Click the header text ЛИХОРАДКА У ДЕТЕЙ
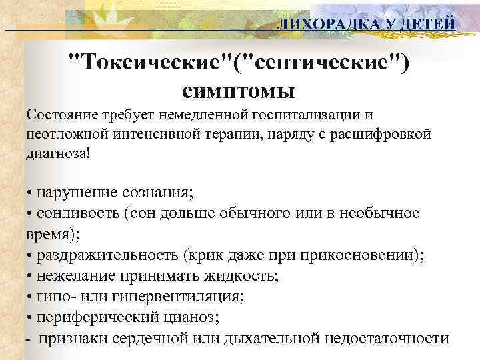[366, 25]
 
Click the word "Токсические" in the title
[151, 65]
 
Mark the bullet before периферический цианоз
[31, 317]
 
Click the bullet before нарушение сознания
[31, 194]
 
